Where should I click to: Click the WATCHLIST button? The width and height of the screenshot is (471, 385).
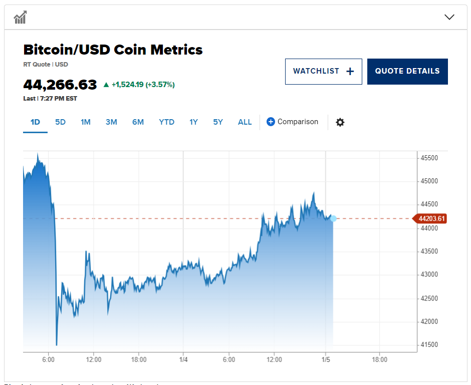(323, 72)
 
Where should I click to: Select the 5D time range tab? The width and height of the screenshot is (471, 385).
(60, 122)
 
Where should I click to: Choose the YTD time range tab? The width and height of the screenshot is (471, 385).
(166, 122)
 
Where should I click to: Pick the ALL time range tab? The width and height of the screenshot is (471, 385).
(245, 122)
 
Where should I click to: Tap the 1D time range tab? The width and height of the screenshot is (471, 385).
(35, 122)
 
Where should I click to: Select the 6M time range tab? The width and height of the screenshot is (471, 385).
(138, 122)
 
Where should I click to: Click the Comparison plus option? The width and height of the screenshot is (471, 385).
(292, 122)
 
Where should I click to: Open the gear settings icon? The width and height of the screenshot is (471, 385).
(340, 122)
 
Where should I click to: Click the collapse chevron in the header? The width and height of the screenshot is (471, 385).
(449, 17)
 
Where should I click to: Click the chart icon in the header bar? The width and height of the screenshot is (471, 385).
(20, 18)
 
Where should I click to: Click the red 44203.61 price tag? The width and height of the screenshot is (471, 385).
(429, 219)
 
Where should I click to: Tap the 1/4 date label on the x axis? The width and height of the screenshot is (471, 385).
(183, 359)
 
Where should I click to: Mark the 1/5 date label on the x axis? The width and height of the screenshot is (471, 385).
(326, 359)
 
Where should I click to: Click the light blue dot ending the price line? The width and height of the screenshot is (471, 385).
(333, 219)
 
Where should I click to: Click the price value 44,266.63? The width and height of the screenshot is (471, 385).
(60, 85)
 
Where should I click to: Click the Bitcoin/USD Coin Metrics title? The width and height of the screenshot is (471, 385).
(113, 50)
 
